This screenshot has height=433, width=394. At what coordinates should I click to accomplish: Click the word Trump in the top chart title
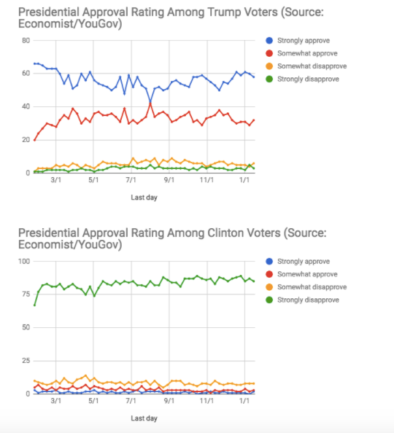tap(224, 12)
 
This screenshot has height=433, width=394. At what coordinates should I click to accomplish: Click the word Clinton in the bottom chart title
tap(227, 233)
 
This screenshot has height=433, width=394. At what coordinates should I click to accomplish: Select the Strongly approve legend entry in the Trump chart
tap(298, 41)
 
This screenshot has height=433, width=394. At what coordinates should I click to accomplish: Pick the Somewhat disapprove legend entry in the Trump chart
tap(306, 66)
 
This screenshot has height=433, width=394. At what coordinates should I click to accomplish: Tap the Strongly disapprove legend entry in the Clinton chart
tap(302, 300)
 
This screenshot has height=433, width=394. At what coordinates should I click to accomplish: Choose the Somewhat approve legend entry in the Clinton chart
tap(301, 274)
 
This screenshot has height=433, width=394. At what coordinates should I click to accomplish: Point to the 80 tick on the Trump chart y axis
tap(26, 41)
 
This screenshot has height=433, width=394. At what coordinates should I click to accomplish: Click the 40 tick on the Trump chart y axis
tap(26, 106)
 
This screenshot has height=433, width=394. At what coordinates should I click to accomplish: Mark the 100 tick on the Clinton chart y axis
tap(24, 261)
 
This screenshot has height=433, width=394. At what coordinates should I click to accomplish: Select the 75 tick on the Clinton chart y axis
tap(26, 294)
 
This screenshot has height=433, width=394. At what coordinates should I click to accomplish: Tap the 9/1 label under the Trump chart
tap(169, 180)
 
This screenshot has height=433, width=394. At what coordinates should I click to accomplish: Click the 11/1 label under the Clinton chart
tap(206, 401)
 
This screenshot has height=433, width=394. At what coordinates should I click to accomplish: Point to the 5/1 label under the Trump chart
tap(93, 180)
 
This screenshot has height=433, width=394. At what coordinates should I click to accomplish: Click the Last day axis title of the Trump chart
tap(144, 198)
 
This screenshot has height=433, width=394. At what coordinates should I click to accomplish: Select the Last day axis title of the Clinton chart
tap(144, 418)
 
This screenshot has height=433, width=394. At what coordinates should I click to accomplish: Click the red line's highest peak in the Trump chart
tap(150, 104)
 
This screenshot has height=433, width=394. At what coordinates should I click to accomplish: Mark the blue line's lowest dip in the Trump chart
tap(150, 101)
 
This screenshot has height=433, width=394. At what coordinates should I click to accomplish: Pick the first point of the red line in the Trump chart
tap(34, 140)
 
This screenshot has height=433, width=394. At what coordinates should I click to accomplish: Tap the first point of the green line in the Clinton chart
tap(34, 305)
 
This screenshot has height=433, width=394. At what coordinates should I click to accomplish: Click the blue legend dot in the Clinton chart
tap(269, 261)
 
